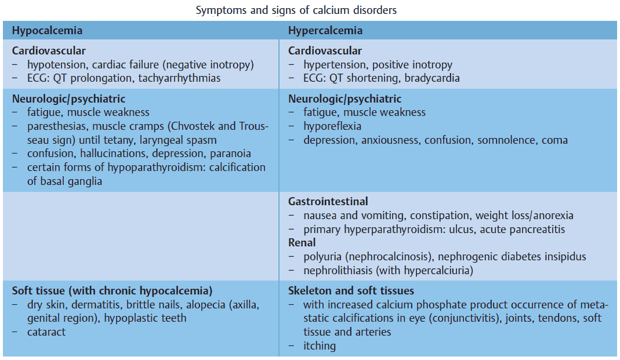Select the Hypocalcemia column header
click(x=47, y=31)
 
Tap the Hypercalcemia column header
click(x=325, y=31)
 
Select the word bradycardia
click(x=433, y=78)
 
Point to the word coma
click(x=556, y=140)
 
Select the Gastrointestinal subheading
click(x=328, y=202)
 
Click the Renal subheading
click(x=302, y=243)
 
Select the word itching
click(x=320, y=346)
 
